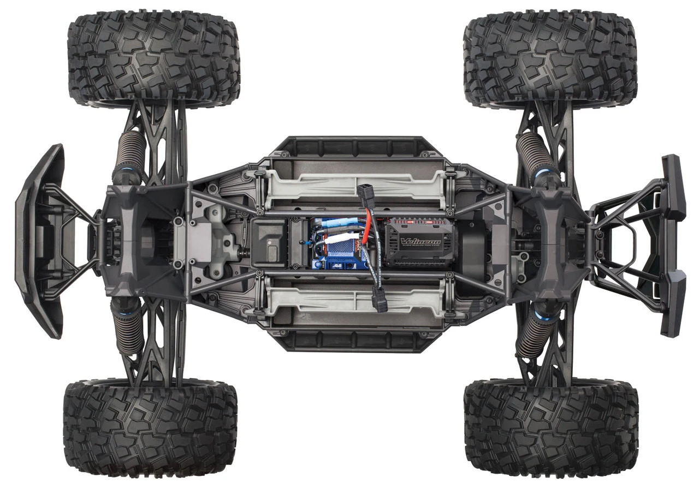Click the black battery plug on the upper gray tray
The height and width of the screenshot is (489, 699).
tap(365, 193)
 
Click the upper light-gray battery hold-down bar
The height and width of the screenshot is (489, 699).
tap(355, 186)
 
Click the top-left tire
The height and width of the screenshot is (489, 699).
tap(153, 57)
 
